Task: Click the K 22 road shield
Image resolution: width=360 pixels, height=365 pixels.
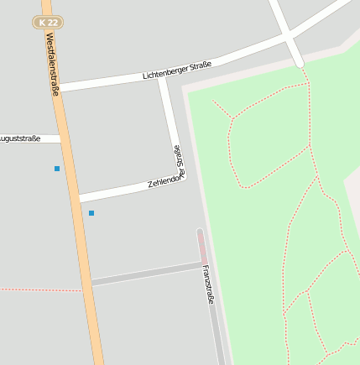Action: pos(49,22)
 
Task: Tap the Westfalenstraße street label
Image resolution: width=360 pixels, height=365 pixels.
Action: pos(53,64)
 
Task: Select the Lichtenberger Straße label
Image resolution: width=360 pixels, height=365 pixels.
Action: pos(177,70)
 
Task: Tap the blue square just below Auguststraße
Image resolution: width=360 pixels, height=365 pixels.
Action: pos(57,169)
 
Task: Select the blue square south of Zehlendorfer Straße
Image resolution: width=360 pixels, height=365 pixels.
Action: pos(91,213)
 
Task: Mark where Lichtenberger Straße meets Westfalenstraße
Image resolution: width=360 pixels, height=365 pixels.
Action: pos(60,86)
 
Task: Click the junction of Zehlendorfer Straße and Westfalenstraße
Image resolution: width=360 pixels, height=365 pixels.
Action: pos(79,198)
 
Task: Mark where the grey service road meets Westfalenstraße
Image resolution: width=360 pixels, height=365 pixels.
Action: pos(89,283)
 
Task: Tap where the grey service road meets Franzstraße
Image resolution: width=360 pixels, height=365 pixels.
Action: pos(202,264)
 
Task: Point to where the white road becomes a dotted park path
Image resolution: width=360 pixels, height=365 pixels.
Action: pos(300,65)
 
